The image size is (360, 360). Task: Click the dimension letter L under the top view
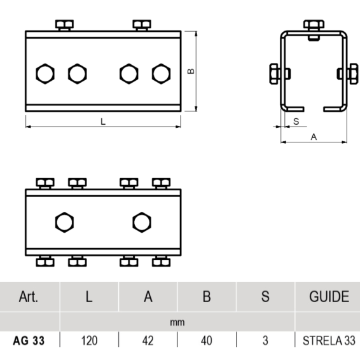(103, 121)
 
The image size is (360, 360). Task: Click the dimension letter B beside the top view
(191, 71)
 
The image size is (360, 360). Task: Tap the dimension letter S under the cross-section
(296, 121)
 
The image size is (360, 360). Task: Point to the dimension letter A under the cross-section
(314, 137)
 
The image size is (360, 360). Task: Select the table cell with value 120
(89, 340)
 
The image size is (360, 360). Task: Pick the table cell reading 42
(148, 340)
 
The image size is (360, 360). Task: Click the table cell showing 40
(207, 340)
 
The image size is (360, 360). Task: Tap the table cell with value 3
(265, 340)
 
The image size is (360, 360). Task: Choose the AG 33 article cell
(29, 340)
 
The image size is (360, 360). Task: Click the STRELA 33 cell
(329, 340)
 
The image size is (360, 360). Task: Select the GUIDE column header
(329, 296)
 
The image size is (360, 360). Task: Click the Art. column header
(29, 296)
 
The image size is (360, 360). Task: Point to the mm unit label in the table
(177, 322)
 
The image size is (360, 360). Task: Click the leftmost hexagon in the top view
(45, 74)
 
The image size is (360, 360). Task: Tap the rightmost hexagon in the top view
(161, 74)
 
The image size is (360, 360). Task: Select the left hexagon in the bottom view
(64, 222)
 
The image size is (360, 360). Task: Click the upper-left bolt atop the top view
(64, 25)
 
